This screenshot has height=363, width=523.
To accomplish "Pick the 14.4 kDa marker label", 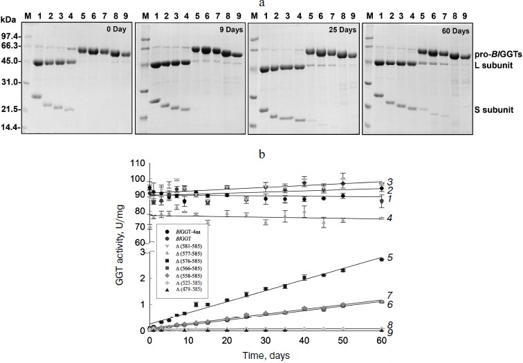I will click(10, 127).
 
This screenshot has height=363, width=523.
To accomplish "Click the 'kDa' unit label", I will click(9, 15).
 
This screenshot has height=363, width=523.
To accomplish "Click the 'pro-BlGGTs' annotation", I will click(496, 54).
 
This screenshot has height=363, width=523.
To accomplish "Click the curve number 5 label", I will click(390, 257).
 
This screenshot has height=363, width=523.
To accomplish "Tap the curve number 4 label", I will click(390, 218).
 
